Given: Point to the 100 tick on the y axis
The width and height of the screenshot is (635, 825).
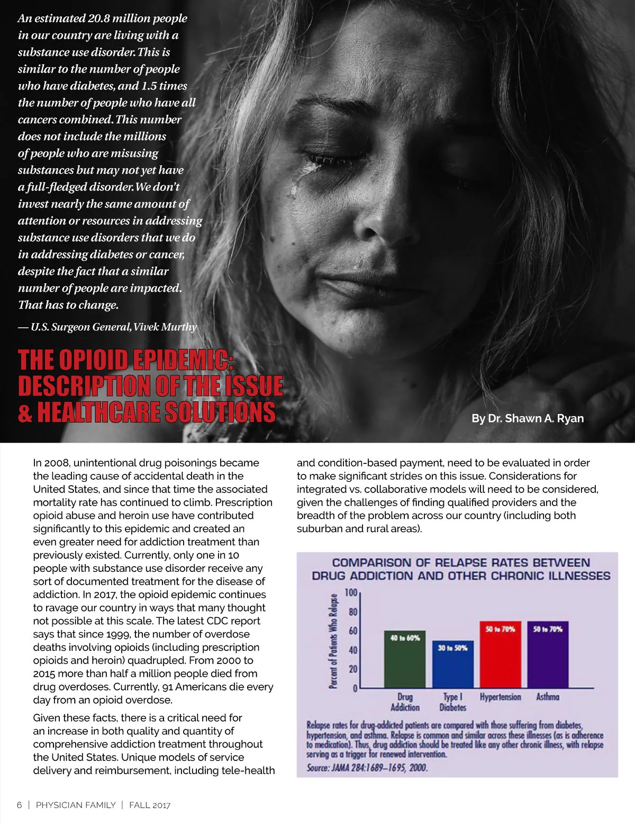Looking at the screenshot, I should click(351, 593).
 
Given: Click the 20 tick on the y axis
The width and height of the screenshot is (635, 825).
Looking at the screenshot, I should click(353, 669).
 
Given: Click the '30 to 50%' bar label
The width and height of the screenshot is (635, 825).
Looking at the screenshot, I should click(452, 648).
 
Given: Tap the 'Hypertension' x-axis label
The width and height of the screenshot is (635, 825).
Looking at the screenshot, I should click(500, 697).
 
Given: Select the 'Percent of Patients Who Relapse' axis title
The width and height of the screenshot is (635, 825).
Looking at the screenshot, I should click(333, 641).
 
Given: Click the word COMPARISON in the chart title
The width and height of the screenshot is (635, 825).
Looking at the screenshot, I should click(370, 562).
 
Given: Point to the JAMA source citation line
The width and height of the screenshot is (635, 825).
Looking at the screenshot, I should click(367, 767).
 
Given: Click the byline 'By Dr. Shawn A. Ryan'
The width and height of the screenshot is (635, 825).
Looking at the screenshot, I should click(528, 418).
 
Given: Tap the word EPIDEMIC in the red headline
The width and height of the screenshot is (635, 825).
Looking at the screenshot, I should click(181, 360).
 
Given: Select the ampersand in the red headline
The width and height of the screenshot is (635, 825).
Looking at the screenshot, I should click(25, 412).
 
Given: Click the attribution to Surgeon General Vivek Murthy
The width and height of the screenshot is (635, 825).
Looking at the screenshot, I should click(107, 327).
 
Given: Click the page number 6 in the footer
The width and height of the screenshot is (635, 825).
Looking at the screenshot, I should click(20, 805).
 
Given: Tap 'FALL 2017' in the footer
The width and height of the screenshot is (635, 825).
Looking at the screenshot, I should click(150, 805).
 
